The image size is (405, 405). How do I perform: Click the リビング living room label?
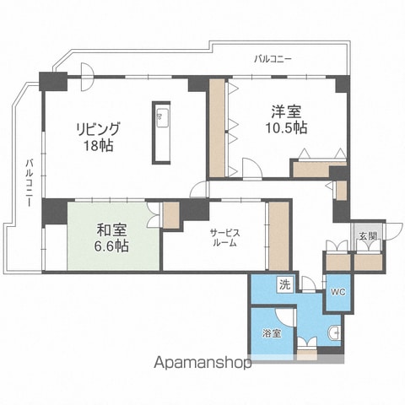point(98,129)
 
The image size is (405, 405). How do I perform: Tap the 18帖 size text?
point(99,146)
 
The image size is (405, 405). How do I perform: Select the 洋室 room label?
point(286,111)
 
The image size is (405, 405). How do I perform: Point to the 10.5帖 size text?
point(286,128)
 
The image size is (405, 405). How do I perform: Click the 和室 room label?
point(111,230)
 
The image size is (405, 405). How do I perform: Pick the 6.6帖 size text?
point(111,246)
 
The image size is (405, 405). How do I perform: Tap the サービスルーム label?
point(225,238)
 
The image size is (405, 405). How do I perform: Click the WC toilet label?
point(338,293)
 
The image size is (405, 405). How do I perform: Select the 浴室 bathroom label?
point(272,334)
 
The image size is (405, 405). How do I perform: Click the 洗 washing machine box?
point(284,285)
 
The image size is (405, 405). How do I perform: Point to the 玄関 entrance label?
point(367,236)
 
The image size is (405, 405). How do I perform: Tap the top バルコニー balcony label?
point(273,59)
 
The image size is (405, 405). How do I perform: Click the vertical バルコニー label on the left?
point(30,183)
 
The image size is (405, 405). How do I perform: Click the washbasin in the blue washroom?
point(334,334)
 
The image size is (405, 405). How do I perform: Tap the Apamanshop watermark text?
point(202,362)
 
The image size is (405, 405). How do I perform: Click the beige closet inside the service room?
point(279,235)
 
